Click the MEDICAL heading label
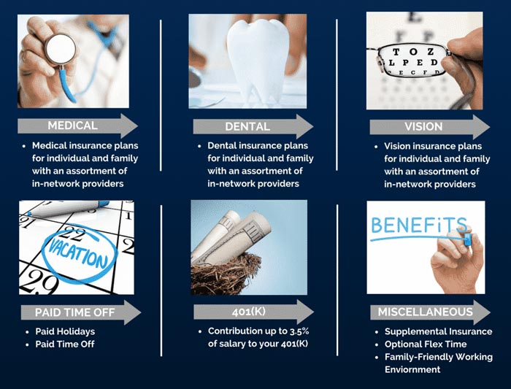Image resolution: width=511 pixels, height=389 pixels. pos(73,126)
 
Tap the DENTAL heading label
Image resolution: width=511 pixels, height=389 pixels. pos(247,126)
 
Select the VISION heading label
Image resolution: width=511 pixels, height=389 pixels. pos(423,126)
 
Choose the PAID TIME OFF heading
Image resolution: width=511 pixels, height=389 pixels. pos(74,312)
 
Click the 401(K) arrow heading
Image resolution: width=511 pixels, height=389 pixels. pos(249,312)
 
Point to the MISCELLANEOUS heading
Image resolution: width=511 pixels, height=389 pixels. pos(426,312)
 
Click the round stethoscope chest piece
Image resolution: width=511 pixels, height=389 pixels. pos(61,49)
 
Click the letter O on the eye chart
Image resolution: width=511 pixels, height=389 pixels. pos(413,52)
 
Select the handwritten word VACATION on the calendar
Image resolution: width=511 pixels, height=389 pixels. pos(78,253)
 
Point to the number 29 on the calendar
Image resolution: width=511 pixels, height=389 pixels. pos(40,282)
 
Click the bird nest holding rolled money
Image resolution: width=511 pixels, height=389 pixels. pos(226,274)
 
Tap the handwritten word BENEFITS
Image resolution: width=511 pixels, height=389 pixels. pos(419,225)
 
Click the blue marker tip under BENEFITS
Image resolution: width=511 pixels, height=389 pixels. pos(468,239)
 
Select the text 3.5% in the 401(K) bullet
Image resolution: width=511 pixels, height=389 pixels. pos(299,331)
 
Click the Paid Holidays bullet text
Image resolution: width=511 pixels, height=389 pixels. pos(65,331)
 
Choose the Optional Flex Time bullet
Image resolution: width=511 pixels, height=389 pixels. pos(426,344)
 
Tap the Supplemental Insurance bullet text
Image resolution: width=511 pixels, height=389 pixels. pos(438,331)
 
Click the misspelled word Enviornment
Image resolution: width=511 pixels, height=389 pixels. pos(412,369)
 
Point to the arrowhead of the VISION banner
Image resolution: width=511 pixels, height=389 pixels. pos(483,127)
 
